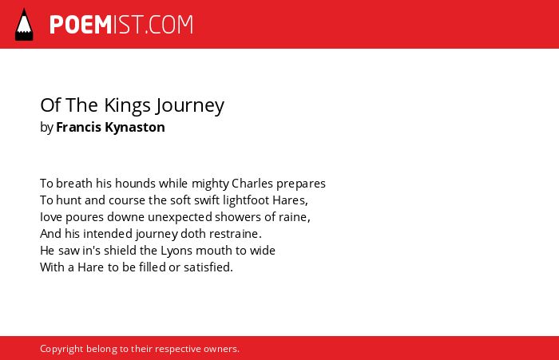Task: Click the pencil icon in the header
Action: tap(24, 24)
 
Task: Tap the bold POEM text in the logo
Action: tap(81, 25)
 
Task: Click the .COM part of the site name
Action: tap(169, 25)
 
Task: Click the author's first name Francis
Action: tap(79, 127)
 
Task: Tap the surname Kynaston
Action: tap(135, 127)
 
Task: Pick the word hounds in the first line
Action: tap(135, 184)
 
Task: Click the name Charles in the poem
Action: tap(252, 184)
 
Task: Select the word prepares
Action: tap(301, 184)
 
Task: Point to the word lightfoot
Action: tap(246, 200)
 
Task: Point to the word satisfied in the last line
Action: tap(208, 267)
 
